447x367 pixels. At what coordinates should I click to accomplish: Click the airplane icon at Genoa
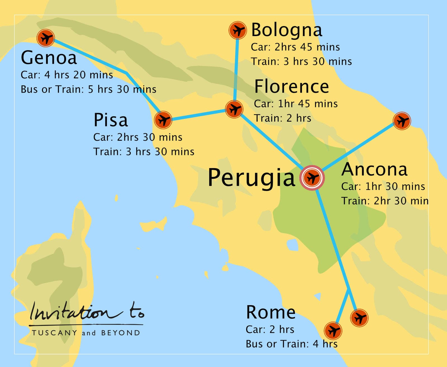point(46,38)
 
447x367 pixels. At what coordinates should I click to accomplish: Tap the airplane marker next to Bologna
point(237,30)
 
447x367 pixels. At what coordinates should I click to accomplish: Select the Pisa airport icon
point(163,120)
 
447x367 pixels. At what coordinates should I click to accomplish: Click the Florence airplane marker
point(234,109)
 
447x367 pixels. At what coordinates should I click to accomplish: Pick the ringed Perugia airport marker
point(312,178)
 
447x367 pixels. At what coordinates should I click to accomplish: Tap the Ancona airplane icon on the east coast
point(402,121)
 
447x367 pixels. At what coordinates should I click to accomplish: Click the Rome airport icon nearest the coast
point(333,331)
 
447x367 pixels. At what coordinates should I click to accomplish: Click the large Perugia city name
point(251,178)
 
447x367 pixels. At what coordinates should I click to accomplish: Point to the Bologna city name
point(287,30)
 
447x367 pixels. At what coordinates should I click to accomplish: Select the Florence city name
point(291,86)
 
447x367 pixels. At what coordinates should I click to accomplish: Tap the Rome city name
point(270,312)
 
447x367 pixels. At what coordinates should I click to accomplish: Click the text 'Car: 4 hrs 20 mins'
point(67,75)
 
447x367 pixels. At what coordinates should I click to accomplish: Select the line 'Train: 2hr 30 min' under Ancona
point(385,201)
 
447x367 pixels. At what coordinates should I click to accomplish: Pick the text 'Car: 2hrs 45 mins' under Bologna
point(295,47)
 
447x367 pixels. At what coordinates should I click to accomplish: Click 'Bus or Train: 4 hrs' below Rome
point(291,344)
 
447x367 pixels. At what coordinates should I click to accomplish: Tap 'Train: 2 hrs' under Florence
point(282,118)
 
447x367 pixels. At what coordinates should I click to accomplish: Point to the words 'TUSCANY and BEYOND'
point(86,333)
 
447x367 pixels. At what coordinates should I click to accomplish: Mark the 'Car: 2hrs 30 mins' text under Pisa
point(138,137)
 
